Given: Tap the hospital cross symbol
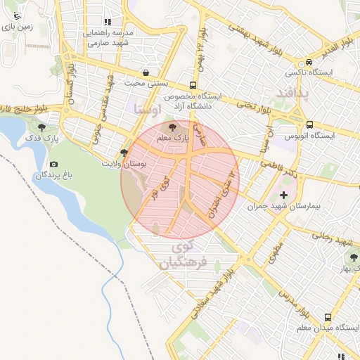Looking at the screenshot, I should (x=283, y=195).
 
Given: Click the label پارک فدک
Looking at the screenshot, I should (x=42, y=139).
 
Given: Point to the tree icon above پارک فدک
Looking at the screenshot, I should (x=42, y=127).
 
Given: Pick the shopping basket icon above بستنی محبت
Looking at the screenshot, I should (x=146, y=72).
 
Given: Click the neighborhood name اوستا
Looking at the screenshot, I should (x=146, y=108).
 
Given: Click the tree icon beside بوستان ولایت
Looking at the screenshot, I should (x=124, y=152).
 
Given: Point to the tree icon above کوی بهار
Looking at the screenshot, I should (x=353, y=257).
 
